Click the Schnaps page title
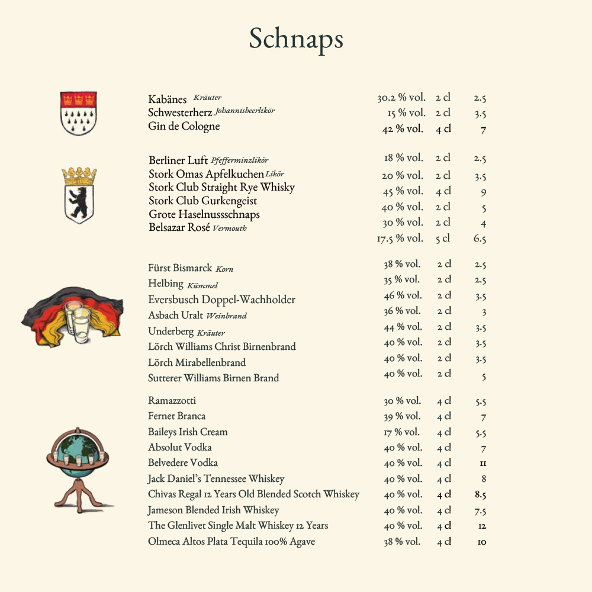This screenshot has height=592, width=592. coord(296,39)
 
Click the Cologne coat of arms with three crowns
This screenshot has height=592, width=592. coord(78,112)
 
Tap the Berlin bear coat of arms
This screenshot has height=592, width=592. coord(79,195)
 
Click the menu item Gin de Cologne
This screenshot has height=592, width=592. coord(184,126)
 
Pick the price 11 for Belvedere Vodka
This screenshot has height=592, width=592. coord(483,464)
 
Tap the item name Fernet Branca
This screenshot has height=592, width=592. coord(176,416)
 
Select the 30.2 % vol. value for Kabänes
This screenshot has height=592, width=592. coord(401,98)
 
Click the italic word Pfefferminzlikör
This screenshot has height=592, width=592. coord(239,160)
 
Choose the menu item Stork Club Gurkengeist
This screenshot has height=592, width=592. coord(202,201)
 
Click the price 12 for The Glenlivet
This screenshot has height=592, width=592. coord(482,526)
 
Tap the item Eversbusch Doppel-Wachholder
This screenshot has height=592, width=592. coord(221,300)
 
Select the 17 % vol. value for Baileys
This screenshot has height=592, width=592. coord(401,432)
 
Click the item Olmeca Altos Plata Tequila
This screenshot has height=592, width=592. coord(231,542)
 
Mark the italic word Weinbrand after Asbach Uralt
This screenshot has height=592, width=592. coord(226,316)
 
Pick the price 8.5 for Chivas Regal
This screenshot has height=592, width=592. coord(480,495)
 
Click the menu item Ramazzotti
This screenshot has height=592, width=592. coord(172,401)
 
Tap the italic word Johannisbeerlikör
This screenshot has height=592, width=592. coord(244,111)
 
